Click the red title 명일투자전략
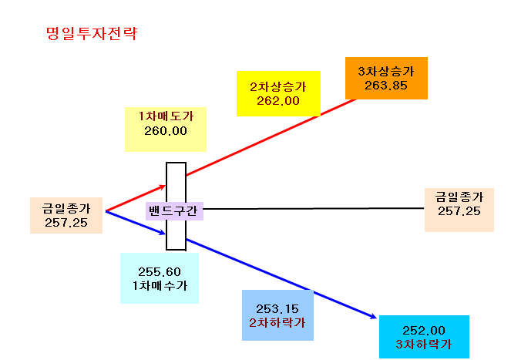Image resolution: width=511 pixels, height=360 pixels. click(92, 34)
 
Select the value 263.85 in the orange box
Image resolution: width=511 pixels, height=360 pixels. click(386, 86)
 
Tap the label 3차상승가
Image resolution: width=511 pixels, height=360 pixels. click(386, 72)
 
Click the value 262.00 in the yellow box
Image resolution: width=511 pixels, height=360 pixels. click(278, 101)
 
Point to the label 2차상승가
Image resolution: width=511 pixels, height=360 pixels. click(278, 87)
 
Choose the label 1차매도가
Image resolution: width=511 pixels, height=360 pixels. click(166, 116)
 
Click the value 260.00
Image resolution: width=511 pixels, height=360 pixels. click(166, 131)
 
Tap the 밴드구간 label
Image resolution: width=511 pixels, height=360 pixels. click(173, 210)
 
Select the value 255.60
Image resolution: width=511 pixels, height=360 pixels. click(160, 271)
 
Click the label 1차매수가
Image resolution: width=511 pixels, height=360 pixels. click(160, 286)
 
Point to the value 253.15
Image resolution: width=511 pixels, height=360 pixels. click(277, 308)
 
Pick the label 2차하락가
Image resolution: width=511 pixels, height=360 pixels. click(277, 323)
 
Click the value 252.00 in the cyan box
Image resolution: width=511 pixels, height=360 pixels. click(424, 331)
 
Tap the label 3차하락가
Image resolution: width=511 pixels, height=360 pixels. click(424, 345)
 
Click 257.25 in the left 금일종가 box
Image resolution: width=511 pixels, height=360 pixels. click(66, 222)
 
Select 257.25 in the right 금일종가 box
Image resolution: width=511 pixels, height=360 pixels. click(459, 211)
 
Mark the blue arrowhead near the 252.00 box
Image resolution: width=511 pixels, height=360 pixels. click(373, 316)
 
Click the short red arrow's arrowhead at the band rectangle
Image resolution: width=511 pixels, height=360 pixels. click(163, 187)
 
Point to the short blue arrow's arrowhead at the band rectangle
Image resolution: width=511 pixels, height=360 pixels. click(163, 233)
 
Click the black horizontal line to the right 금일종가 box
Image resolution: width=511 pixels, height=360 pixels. click(314, 208)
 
